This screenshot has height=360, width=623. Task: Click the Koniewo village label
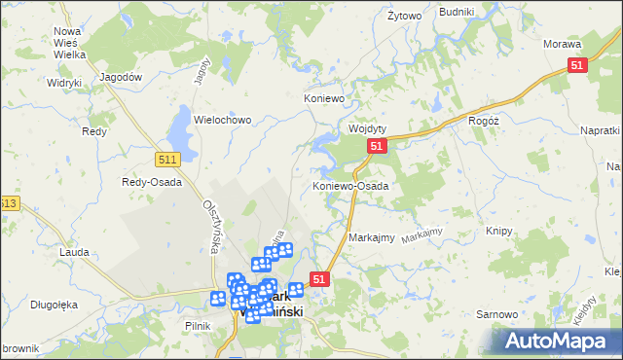[325, 98]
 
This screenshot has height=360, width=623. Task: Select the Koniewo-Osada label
[349, 185]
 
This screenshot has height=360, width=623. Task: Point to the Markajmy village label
[371, 237]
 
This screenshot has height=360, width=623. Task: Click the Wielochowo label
[223, 120]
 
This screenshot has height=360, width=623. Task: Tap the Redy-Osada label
[146, 182]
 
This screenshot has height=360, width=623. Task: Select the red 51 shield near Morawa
[577, 65]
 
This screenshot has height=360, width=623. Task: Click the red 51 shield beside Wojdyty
[378, 146]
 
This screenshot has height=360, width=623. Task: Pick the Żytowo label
[404, 17]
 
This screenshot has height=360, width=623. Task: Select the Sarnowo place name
[495, 314]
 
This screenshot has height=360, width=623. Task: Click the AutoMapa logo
[558, 341]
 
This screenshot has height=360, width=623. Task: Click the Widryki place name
[63, 83]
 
